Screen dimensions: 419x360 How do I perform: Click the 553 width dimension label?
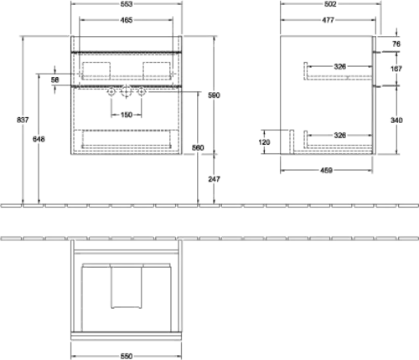[127, 4]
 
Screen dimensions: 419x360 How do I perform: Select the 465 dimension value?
[127, 20]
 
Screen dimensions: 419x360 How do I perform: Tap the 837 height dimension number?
[23, 120]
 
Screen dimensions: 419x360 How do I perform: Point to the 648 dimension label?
[39, 139]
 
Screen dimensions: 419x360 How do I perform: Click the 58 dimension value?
[55, 80]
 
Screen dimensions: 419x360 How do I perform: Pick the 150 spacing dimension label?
[127, 115]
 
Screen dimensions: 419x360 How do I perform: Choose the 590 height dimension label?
[214, 95]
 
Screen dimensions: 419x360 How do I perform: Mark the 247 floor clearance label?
[214, 179]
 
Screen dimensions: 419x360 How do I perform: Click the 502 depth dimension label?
[330, 4]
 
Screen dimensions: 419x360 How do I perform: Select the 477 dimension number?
[328, 20]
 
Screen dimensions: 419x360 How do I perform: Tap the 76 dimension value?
[396, 44]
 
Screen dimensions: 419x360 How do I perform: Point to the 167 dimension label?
[396, 69]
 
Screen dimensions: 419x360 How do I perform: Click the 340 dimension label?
[396, 121]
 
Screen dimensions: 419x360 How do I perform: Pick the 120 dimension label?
[264, 142]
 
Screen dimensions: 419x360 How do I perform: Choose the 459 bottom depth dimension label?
[326, 170]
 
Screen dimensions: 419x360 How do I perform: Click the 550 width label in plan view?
[127, 356]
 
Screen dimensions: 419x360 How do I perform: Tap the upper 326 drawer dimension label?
[339, 66]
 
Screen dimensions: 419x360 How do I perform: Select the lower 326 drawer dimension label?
[339, 136]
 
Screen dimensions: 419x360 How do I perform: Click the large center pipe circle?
[127, 91]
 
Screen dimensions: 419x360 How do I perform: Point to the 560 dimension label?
[198, 147]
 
